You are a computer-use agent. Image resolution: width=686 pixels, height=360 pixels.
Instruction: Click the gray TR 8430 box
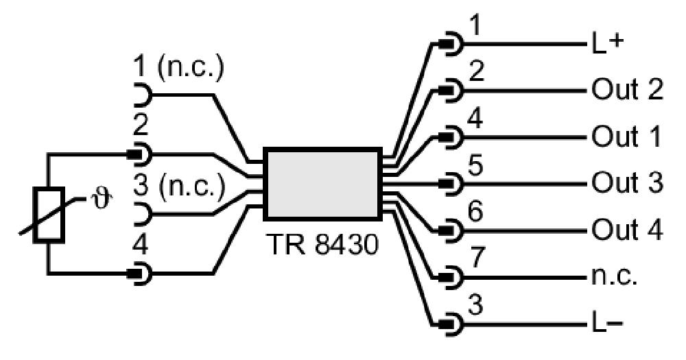[322, 184]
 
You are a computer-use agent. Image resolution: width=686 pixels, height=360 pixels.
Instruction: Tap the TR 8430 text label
[322, 244]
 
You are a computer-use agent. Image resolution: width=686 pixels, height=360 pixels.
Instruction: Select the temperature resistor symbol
[49, 215]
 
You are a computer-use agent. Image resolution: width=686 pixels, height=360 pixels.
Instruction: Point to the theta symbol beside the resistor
[101, 199]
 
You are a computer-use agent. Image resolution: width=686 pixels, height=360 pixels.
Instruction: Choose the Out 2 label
[627, 90]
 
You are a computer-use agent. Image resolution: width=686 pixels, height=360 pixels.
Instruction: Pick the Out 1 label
[626, 136]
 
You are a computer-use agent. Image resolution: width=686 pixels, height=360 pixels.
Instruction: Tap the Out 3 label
[627, 182]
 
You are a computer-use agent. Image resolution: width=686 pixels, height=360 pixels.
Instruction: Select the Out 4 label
[627, 229]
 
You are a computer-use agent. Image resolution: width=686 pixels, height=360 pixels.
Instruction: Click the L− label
[607, 324]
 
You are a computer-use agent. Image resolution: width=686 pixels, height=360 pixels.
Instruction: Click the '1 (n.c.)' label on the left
[178, 69]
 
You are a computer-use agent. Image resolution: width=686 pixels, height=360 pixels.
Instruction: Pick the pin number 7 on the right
[475, 257]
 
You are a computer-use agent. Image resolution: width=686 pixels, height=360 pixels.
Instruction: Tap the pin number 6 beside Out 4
[475, 211]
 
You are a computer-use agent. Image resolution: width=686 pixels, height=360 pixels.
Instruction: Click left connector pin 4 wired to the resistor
[140, 274]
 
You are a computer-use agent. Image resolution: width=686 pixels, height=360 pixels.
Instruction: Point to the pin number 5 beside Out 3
[475, 165]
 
